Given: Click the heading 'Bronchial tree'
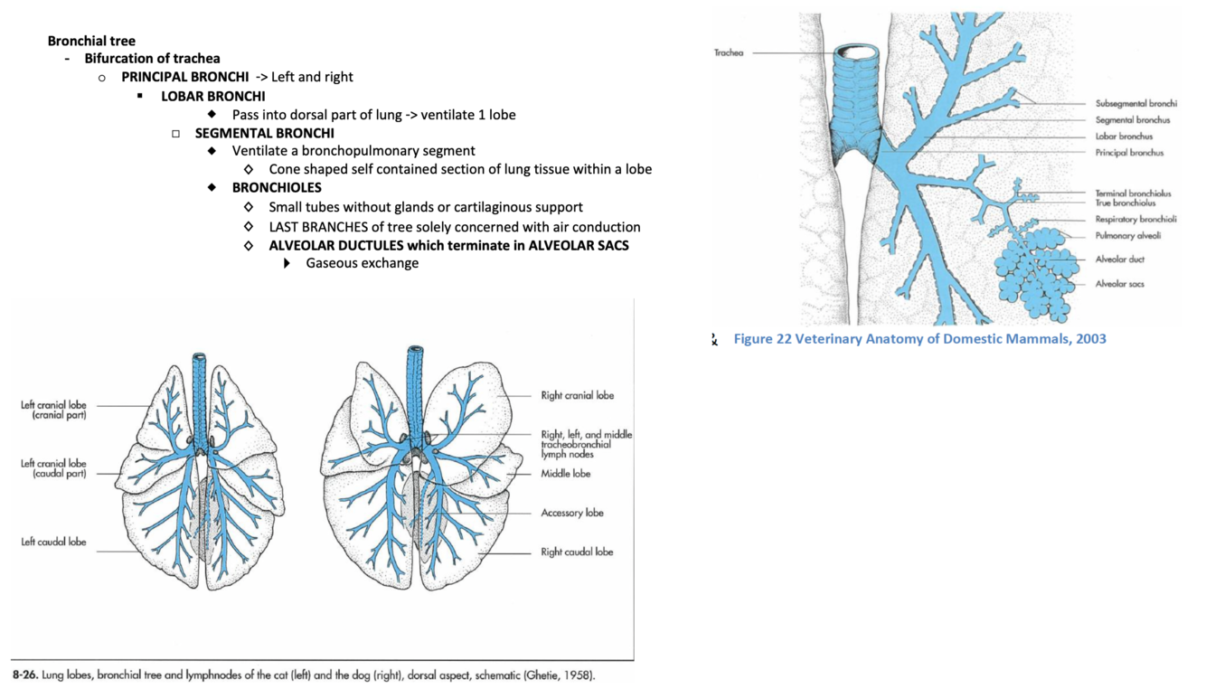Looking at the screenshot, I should [x=91, y=41].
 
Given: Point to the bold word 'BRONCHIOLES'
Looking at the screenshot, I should [x=277, y=188].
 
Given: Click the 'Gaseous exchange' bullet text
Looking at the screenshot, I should [x=362, y=263].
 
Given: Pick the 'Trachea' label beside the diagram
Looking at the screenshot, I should [x=728, y=52].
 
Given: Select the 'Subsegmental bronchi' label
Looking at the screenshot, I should [x=1135, y=104].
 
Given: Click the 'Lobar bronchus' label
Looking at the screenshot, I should [x=1124, y=137].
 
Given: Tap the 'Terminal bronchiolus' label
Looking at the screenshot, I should [x=1133, y=193].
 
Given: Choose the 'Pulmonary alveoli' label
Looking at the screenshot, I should [x=1128, y=236].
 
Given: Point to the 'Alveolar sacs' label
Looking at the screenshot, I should [x=1119, y=284].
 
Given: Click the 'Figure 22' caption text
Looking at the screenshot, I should [x=919, y=339].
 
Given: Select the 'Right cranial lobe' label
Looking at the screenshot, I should [x=577, y=395].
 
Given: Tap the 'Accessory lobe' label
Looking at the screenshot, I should [x=571, y=513].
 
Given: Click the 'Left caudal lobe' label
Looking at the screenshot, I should [x=53, y=542].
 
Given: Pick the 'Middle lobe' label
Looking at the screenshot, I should [x=566, y=474].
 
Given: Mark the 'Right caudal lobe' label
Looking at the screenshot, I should [x=576, y=552].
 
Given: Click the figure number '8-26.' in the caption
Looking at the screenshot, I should [x=25, y=675].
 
